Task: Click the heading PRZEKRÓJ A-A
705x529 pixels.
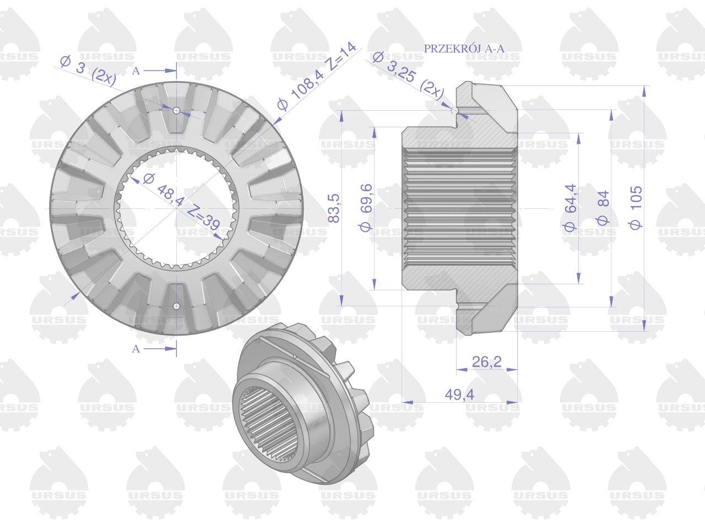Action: pyautogui.click(x=464, y=48)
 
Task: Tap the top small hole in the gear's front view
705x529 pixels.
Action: pyautogui.click(x=176, y=111)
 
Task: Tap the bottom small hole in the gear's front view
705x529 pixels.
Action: pyautogui.click(x=176, y=306)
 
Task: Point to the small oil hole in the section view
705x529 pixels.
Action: pyautogui.click(x=454, y=112)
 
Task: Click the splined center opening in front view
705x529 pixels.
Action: pyautogui.click(x=176, y=208)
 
